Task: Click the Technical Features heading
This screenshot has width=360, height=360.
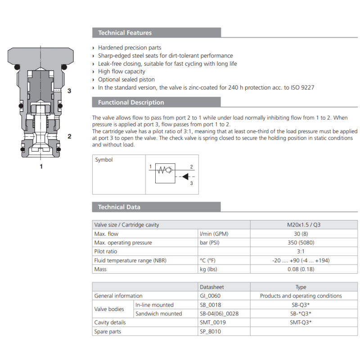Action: tap(125, 33)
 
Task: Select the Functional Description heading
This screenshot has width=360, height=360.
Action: tap(131, 103)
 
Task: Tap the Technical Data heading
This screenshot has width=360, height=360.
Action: tap(119, 207)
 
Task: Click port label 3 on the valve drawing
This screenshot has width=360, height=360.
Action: tap(69, 91)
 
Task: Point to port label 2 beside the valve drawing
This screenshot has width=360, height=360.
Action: tap(69, 136)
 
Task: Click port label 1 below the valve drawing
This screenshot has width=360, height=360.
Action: tap(41, 166)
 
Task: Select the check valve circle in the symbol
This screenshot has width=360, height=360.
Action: tap(169, 170)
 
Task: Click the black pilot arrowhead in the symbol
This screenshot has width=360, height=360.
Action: tap(185, 177)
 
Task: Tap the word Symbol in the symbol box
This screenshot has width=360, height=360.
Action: tap(104, 160)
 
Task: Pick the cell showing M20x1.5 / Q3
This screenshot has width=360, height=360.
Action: tap(301, 225)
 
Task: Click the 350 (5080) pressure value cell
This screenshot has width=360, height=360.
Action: tap(301, 243)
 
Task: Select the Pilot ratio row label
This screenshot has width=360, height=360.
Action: tap(106, 252)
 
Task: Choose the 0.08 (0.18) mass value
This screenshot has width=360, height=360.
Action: tap(301, 269)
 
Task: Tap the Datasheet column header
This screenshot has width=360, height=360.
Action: tap(211, 287)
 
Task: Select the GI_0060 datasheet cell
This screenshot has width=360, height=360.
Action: tap(210, 296)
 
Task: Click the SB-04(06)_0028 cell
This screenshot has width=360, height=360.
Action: tap(219, 314)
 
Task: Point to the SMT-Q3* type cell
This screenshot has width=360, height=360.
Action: tap(301, 322)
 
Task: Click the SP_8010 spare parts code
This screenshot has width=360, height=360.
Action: tap(210, 331)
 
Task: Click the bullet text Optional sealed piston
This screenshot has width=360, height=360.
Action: tap(126, 80)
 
